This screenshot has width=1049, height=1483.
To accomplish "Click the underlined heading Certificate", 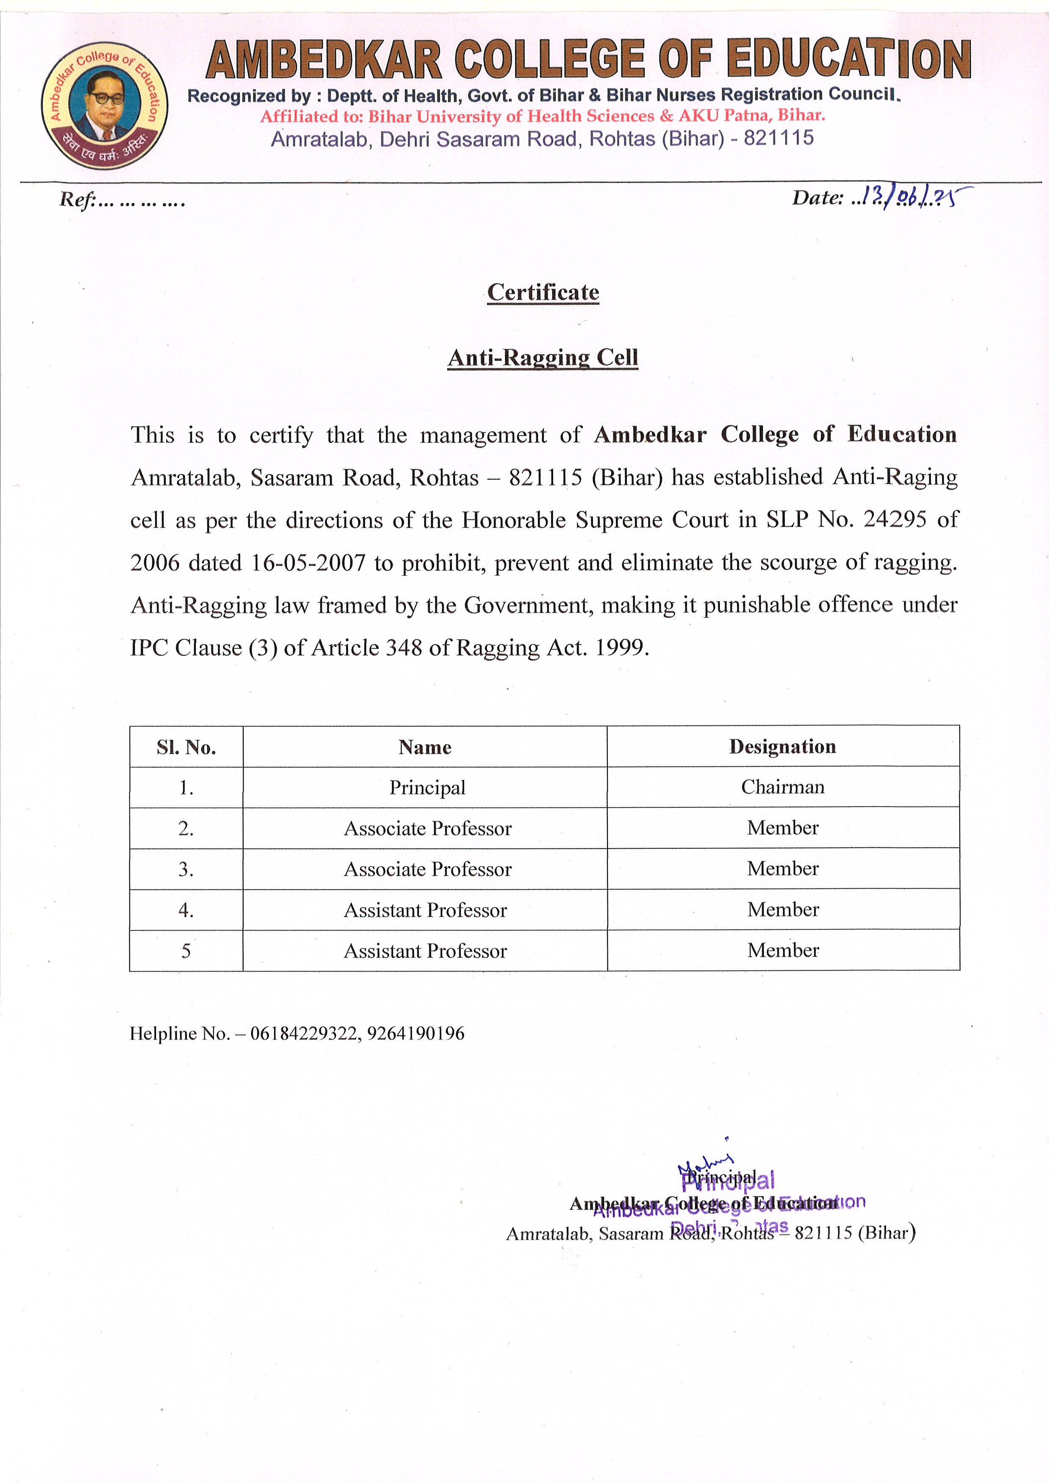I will tap(543, 292).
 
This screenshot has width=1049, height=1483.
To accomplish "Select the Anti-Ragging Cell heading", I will tap(543, 357).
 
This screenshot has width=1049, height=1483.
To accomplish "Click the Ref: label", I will tap(77, 200).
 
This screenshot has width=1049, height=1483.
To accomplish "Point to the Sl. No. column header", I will tap(186, 747).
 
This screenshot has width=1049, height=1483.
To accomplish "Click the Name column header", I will tap(425, 747).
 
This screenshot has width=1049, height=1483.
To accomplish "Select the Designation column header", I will tap(783, 747).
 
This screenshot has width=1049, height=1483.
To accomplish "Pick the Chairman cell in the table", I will tap(783, 787).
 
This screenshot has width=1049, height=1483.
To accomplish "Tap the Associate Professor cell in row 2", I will tap(427, 828).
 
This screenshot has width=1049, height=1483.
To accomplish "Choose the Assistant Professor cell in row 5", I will tap(425, 951).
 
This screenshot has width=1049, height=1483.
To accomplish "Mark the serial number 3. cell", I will tap(186, 870).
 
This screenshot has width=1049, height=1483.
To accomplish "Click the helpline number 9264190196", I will tap(416, 1034).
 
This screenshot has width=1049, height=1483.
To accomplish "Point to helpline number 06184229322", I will tap(304, 1034).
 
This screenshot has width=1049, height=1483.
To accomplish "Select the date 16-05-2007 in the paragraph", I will tap(308, 563).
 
